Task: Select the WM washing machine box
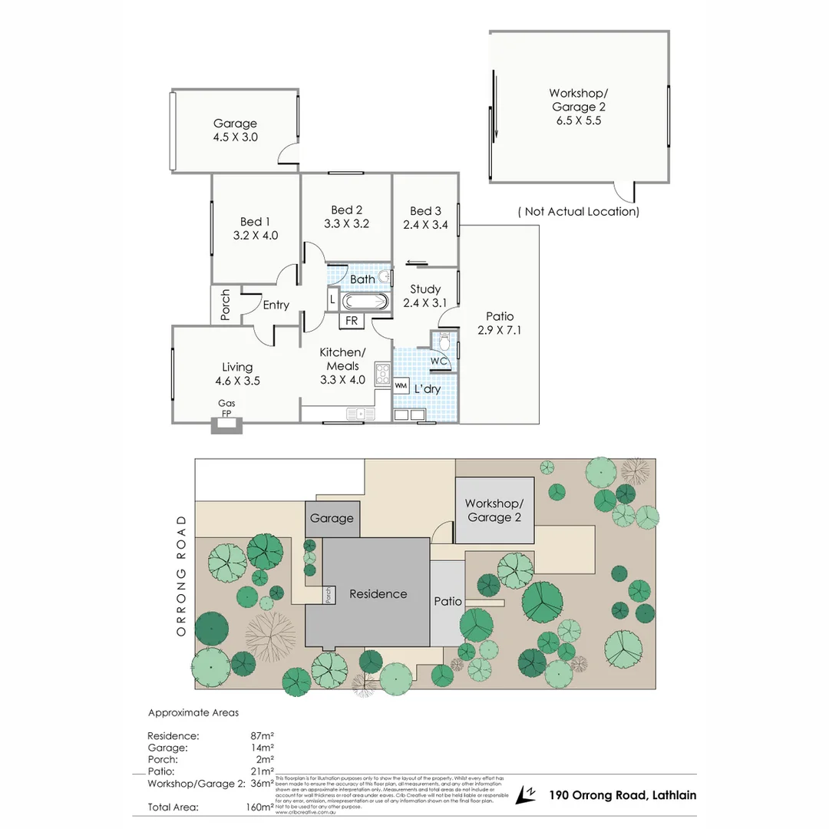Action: tap(401, 385)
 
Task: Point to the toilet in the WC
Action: tap(444, 339)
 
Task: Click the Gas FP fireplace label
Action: tap(226, 408)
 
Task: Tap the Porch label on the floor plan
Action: tap(226, 304)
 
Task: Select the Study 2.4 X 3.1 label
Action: tap(424, 296)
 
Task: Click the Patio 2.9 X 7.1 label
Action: tap(500, 323)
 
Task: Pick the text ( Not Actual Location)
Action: tap(578, 211)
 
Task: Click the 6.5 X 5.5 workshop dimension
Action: tap(579, 121)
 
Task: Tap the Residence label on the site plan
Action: tap(378, 593)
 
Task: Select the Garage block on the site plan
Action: tap(332, 518)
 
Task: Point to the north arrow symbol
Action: tap(527, 794)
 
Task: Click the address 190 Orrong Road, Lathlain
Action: tap(623, 795)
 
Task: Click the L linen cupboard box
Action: tap(332, 298)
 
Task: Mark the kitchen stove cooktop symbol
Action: tap(382, 374)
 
